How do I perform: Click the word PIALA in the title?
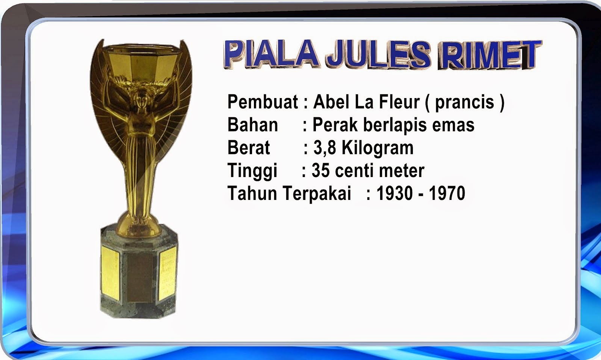(x=271, y=53)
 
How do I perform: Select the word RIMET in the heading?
(x=489, y=55)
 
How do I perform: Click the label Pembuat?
(x=263, y=102)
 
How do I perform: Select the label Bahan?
(x=252, y=125)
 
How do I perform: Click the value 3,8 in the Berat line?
(x=325, y=148)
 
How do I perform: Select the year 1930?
(x=394, y=193)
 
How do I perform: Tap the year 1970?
(x=447, y=193)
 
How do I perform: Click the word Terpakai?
(x=316, y=194)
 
